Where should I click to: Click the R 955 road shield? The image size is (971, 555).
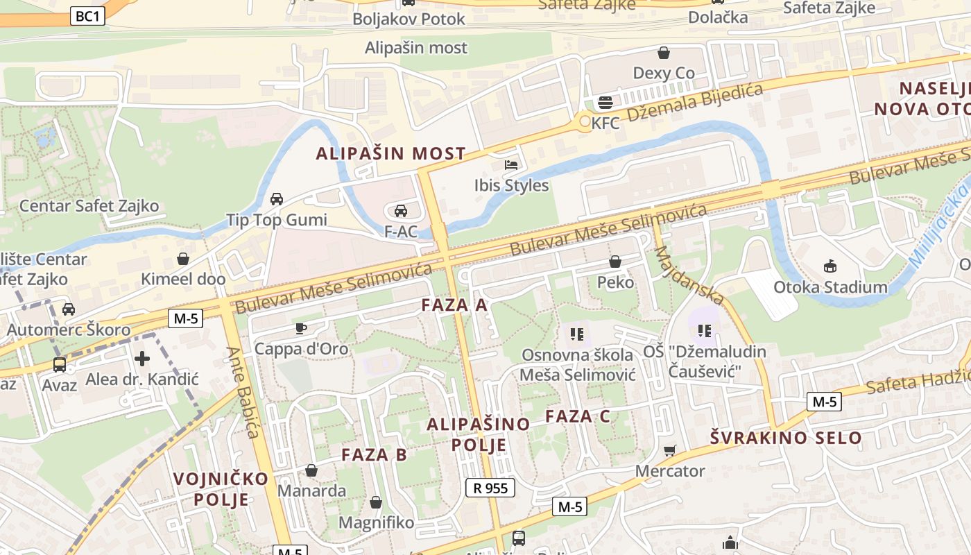coord(490,488)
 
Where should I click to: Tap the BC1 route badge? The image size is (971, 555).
coord(88,17)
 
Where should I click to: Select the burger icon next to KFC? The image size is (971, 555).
coord(605,103)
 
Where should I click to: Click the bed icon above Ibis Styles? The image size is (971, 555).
coord(512,165)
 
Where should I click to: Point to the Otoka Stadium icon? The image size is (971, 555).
coord(830,265)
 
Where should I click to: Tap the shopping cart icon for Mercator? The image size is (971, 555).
coord(669,451)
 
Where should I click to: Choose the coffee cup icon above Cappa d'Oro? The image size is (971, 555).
coord(300,328)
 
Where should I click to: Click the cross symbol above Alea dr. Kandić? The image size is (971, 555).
coord(142,358)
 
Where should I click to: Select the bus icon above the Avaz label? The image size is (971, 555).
coord(60,364)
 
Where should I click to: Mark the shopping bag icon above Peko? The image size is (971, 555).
coord(615,262)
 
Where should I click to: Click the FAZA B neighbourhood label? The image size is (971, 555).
coord(374,455)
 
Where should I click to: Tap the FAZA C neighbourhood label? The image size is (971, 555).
coord(578,416)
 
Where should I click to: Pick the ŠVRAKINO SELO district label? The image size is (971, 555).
coord(786,438)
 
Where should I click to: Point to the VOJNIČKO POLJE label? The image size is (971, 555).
coord(221,489)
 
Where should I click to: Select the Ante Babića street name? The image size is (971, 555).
coord(242,393)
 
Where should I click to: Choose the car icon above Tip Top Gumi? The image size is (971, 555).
coord(277,199)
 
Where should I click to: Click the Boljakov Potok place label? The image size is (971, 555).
coord(409,19)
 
